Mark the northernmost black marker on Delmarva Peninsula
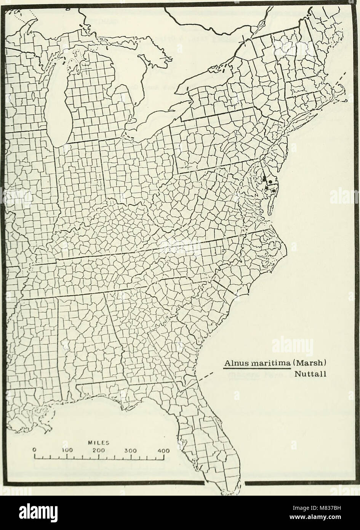point(265,177)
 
